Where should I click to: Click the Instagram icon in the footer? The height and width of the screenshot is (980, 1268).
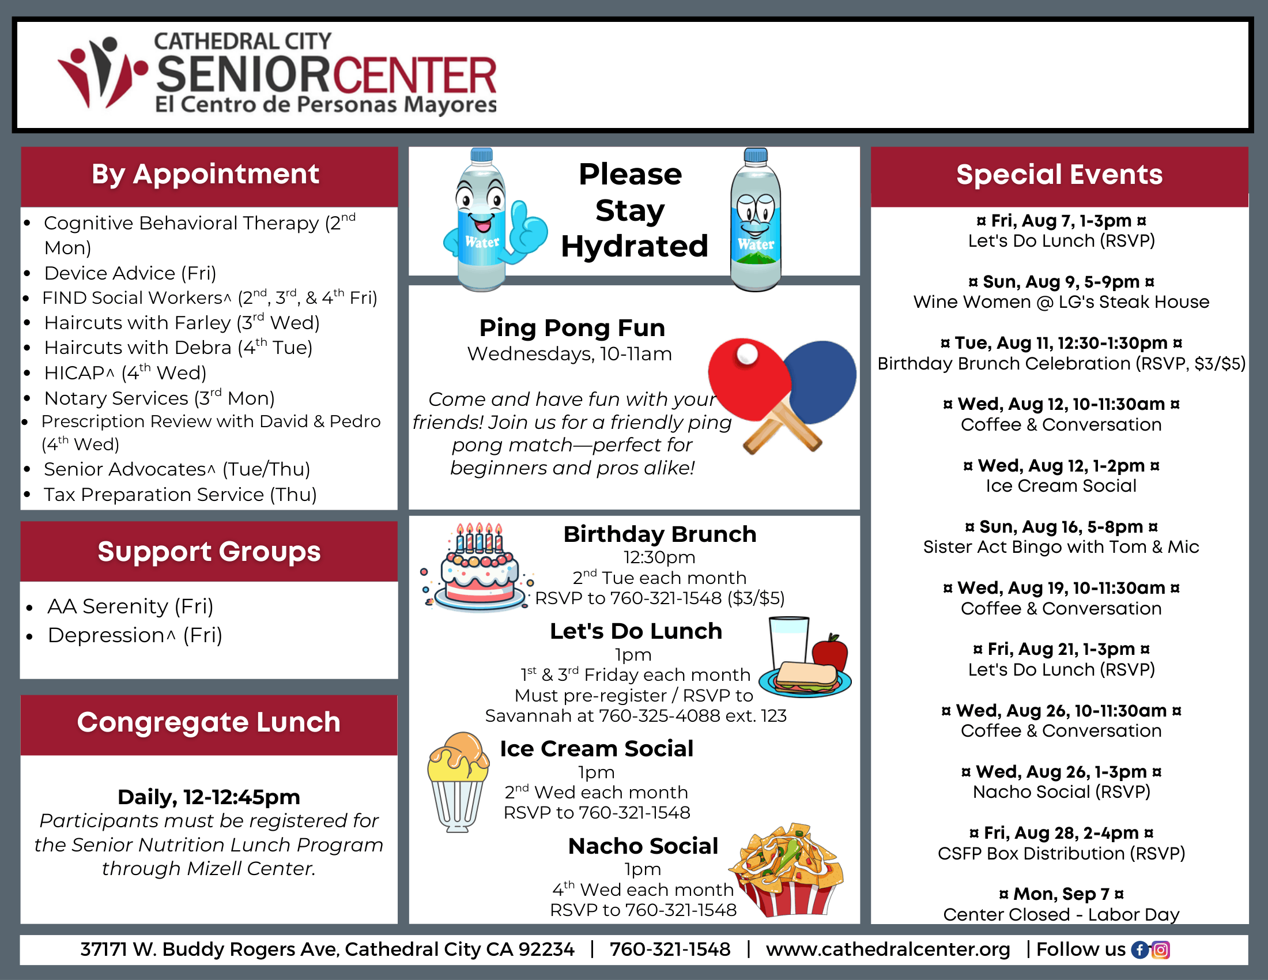coord(1161,950)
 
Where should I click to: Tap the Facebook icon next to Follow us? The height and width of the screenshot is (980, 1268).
coord(1140,950)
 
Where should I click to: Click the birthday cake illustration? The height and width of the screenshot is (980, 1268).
coord(477,567)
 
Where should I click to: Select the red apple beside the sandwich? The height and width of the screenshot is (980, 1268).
coord(830,653)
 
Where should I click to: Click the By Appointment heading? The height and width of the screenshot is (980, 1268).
coord(206,174)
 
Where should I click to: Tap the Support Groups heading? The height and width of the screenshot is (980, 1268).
coord(209,552)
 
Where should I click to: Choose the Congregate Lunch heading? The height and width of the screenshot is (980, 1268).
coord(209,722)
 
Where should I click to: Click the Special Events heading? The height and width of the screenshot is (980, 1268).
coord(1059,174)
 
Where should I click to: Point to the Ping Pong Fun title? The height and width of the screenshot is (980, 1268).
coord(572,328)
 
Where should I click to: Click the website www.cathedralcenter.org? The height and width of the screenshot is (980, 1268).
coord(888,949)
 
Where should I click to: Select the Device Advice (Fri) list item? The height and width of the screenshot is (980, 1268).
coord(130,273)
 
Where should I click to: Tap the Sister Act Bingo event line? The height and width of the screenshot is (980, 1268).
coord(1061,547)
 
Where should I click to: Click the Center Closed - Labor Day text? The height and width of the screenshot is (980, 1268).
coord(1061,914)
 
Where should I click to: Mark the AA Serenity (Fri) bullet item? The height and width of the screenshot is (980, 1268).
coord(131,606)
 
